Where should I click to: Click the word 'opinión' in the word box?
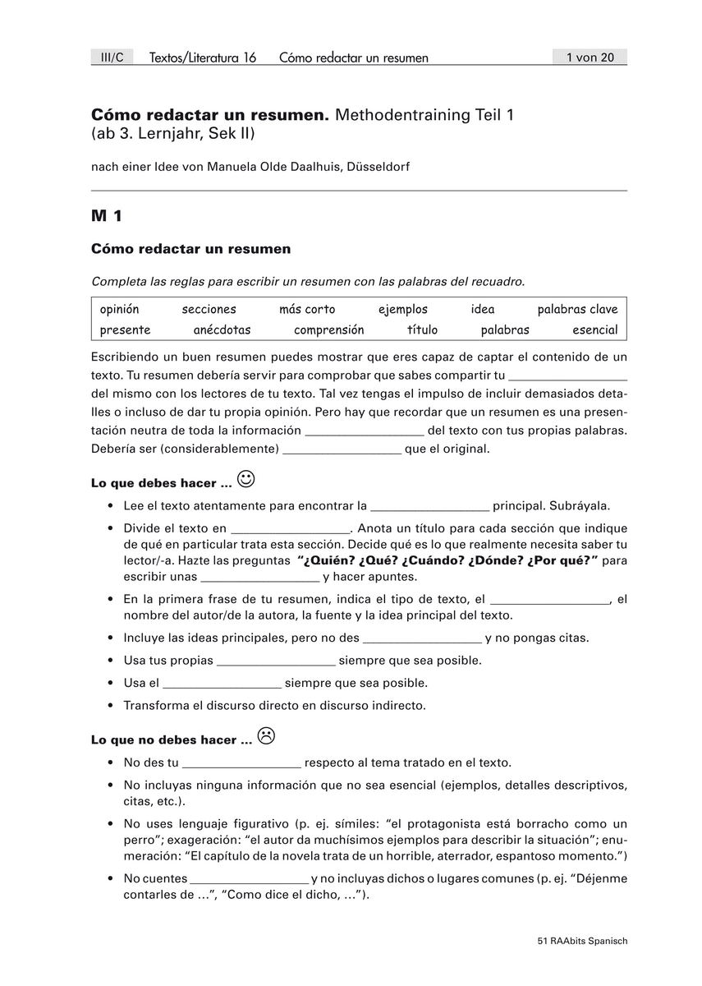[119, 309]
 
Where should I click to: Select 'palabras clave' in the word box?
[577, 309]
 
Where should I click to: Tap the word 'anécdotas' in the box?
[222, 329]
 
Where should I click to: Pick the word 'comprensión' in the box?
[328, 329]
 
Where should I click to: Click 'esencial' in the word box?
[594, 329]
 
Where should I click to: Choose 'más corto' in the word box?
[307, 309]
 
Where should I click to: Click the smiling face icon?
[245, 478]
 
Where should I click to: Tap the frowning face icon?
[266, 735]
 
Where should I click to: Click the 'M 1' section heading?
[107, 217]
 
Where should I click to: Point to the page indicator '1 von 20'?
[590, 57]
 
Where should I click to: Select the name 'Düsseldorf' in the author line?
[380, 167]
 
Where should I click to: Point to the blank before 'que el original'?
[342, 450]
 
